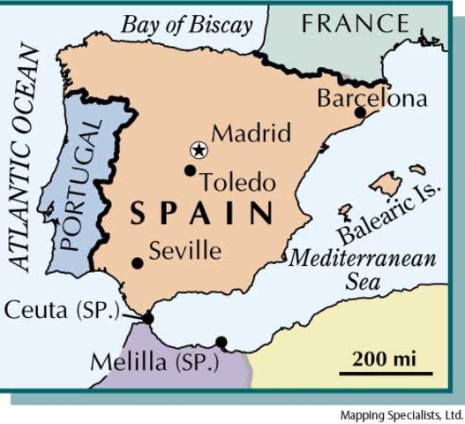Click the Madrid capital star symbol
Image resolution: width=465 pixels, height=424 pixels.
(199, 149)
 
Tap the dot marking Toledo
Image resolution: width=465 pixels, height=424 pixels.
(190, 170)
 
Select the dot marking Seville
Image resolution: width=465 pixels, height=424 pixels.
(138, 262)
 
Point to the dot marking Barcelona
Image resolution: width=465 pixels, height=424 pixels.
(360, 112)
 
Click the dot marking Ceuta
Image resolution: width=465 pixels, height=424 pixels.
(148, 318)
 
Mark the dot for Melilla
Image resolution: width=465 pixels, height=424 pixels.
(221, 342)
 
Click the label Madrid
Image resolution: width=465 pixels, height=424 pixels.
(251, 133)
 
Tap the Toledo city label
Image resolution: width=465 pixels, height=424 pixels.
(237, 183)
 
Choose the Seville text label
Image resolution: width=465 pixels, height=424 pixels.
(184, 250)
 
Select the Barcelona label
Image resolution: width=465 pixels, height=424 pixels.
(371, 97)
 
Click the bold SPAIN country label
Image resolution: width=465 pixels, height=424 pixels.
(202, 214)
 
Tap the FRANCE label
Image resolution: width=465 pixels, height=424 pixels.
(356, 23)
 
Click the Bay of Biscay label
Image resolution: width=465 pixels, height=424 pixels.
(187, 24)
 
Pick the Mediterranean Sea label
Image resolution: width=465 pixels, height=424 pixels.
(364, 270)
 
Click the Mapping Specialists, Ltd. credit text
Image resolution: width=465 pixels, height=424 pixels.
(401, 414)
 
